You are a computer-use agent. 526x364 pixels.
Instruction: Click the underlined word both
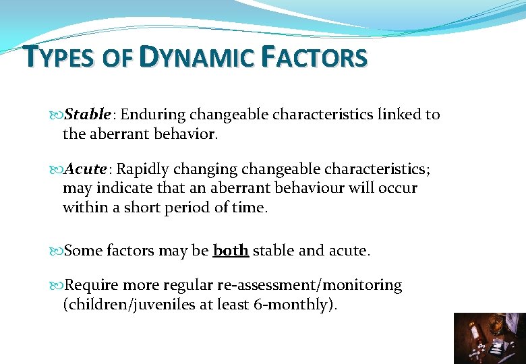[x=231, y=251]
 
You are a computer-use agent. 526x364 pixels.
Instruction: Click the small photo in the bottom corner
[x=489, y=338]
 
